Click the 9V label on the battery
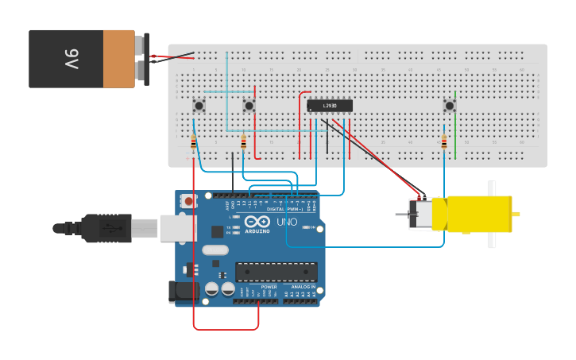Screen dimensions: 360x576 click(x=71, y=58)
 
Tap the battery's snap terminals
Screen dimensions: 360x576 click(x=141, y=58)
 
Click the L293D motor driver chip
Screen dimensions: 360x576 click(x=329, y=106)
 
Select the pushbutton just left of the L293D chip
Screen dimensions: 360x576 click(x=249, y=105)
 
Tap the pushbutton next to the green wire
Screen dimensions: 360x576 click(x=449, y=105)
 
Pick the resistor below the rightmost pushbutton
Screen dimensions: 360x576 click(x=444, y=142)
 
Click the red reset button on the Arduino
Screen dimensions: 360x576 click(x=188, y=202)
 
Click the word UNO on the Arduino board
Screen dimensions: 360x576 click(x=288, y=223)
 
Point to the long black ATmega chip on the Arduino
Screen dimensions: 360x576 click(x=276, y=272)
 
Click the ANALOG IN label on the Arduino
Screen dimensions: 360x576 click(x=303, y=287)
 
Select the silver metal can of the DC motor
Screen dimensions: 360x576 click(x=419, y=215)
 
